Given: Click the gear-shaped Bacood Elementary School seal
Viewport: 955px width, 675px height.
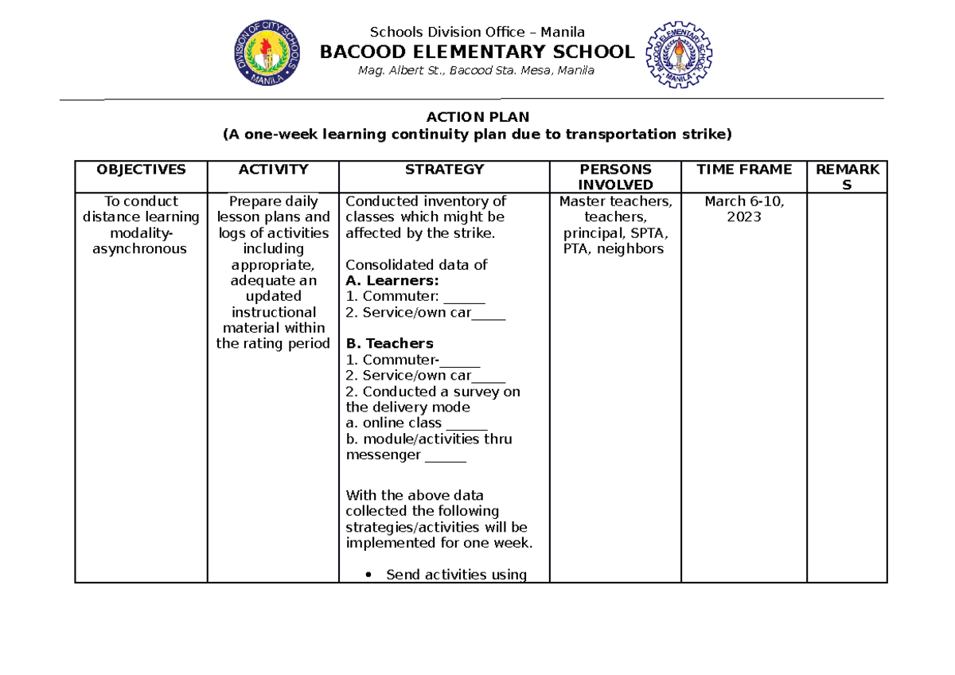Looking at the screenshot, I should point(678,54).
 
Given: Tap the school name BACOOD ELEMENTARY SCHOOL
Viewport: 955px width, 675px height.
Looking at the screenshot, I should point(477,53).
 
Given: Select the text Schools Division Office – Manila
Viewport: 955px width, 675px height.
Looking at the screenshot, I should point(477,32).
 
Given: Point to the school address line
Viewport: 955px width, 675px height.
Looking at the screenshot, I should point(477,71).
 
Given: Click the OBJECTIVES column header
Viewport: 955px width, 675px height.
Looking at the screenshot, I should point(141,170).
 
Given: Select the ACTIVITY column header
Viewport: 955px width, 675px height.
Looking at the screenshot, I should point(273,170).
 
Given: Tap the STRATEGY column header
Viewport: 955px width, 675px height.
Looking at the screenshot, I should point(444,170).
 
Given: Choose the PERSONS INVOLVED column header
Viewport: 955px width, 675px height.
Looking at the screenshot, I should point(615,177).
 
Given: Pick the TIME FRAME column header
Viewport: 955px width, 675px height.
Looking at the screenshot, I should point(744,170).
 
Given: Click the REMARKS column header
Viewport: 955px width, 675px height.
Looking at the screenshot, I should point(847,177).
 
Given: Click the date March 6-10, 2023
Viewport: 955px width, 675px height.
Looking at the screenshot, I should point(744,209).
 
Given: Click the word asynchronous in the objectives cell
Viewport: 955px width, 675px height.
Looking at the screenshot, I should point(141,248).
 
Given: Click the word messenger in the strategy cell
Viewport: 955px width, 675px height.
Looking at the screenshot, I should point(383,455).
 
